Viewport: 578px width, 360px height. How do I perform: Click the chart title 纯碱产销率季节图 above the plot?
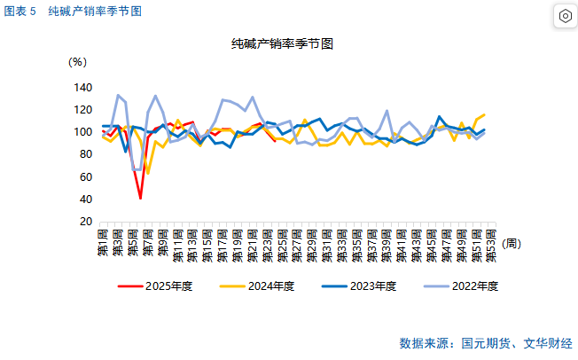tap(282, 43)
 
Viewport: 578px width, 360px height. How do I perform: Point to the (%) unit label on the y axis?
tap(78, 62)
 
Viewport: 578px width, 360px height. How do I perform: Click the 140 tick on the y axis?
tap(82, 88)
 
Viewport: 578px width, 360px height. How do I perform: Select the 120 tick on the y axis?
tap(82, 110)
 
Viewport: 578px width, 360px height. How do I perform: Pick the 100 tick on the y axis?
tap(82, 132)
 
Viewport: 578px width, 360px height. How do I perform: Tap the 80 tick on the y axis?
tap(86, 154)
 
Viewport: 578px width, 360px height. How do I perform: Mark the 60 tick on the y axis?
tap(86, 176)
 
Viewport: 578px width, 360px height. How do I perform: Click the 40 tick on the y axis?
tap(86, 199)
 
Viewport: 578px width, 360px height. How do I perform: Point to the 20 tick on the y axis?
tap(86, 221)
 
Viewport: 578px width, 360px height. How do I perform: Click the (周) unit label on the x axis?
tap(512, 242)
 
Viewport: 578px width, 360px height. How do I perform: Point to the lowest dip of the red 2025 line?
tap(140, 198)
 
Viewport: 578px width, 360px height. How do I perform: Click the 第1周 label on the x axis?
tap(103, 241)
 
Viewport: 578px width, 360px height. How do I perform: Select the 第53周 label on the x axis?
tap(490, 244)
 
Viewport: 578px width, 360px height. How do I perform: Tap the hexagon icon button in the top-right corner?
tap(565, 16)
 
